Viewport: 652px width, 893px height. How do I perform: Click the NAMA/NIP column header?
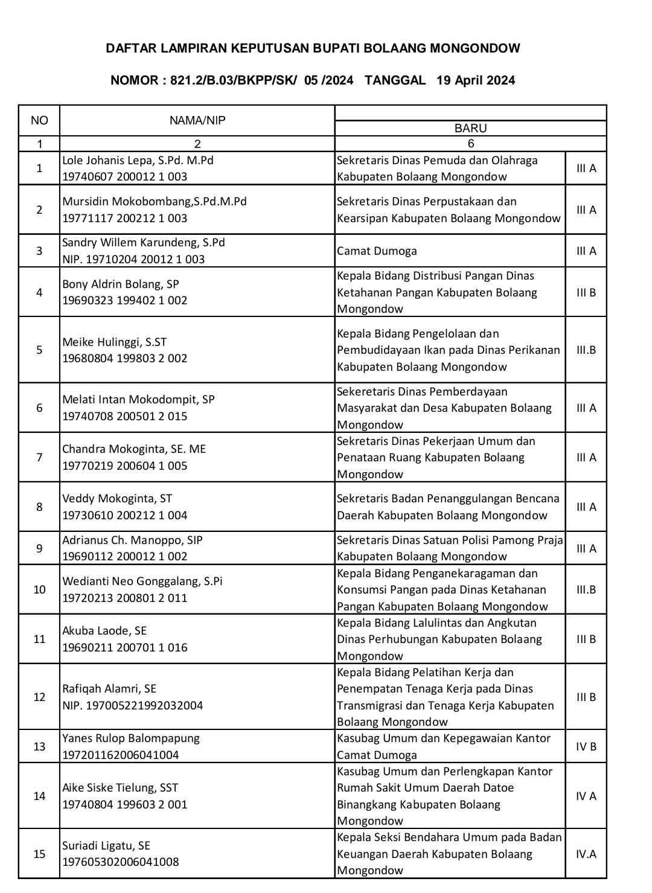[x=197, y=120]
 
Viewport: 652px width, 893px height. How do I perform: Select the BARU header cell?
[x=470, y=128]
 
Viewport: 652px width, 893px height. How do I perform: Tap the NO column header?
[x=39, y=120]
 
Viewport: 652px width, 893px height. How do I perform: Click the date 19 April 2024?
[x=476, y=80]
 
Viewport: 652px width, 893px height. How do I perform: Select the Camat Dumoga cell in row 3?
[x=377, y=251]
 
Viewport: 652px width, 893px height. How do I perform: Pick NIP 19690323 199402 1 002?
[x=125, y=300]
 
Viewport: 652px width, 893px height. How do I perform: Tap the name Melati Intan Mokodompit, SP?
[x=138, y=399]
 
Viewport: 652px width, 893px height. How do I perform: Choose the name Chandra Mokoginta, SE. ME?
[x=134, y=449]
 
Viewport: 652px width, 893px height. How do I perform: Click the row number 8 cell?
[x=39, y=507]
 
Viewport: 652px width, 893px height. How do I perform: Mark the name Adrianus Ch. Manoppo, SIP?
[x=132, y=540]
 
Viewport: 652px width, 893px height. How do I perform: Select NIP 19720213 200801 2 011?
[x=125, y=598]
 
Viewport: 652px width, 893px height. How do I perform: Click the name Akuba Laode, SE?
[x=104, y=630]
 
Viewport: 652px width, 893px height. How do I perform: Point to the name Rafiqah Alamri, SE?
[x=109, y=688]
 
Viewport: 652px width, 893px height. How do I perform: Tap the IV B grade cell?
[x=586, y=746]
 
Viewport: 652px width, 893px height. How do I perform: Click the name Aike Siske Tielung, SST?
[x=120, y=787]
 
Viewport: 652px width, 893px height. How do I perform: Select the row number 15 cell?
[x=39, y=854]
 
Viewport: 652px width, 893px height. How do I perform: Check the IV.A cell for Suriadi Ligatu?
[x=586, y=854]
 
